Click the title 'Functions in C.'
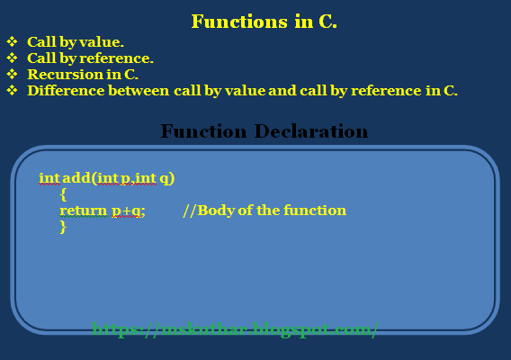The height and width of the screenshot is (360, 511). [264, 22]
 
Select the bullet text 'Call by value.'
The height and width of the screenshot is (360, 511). [76, 41]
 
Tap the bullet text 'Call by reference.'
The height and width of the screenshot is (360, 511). [90, 58]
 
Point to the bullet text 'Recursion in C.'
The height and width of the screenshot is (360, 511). [82, 74]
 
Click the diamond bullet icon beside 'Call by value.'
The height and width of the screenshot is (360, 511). [12, 41]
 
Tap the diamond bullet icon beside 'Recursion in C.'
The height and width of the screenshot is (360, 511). [12, 74]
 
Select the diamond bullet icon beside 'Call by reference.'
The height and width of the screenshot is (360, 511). [12, 58]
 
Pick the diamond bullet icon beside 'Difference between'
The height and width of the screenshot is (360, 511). [12, 90]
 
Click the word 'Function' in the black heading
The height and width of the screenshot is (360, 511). [202, 131]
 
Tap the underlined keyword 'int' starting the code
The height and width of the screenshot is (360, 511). [49, 178]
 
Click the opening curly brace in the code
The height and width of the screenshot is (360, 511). [63, 194]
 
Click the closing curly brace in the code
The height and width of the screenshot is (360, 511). [63, 227]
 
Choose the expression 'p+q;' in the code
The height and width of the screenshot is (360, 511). [129, 211]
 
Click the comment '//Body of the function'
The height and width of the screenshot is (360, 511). [264, 211]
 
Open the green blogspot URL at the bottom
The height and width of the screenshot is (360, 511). [236, 329]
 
